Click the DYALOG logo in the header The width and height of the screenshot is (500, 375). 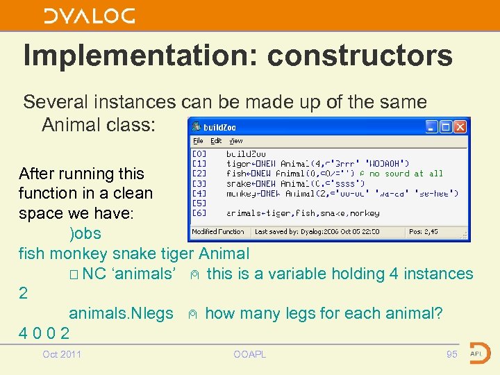click(90, 16)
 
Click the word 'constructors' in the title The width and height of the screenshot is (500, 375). click(360, 56)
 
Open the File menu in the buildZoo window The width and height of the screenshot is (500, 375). click(198, 141)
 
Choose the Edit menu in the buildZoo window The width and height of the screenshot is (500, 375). click(216, 141)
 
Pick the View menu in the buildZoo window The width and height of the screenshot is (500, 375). click(236, 141)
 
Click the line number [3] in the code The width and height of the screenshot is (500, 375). click(199, 183)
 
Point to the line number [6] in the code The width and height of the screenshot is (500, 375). click(199, 213)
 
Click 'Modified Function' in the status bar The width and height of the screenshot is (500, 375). click(218, 231)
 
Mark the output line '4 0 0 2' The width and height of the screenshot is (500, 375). click(44, 333)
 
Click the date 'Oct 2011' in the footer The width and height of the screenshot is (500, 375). click(62, 355)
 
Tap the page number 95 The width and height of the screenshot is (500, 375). click(452, 355)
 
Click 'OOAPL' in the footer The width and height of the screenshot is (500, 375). click(249, 355)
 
